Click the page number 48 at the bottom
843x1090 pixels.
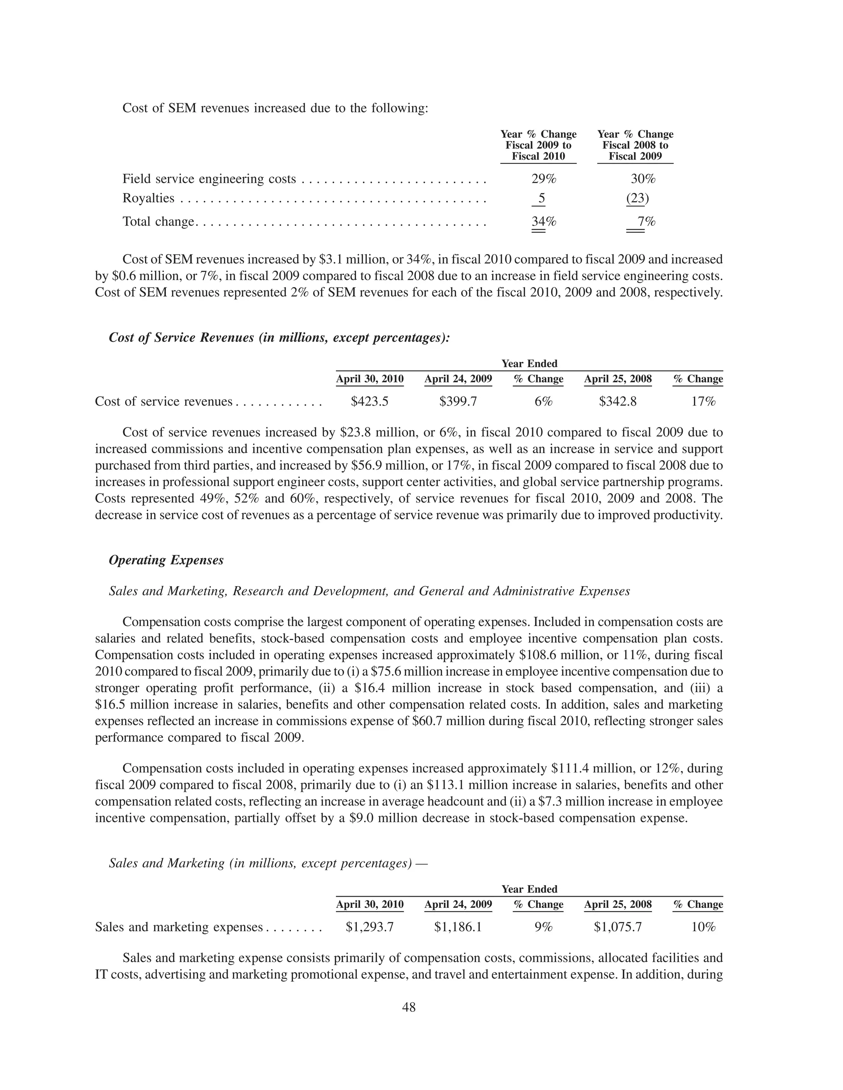click(x=408, y=1007)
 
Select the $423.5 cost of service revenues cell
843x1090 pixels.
click(x=370, y=402)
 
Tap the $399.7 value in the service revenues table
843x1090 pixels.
click(x=458, y=402)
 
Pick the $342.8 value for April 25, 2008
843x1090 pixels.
click(x=618, y=402)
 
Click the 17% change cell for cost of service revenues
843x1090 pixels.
click(x=703, y=402)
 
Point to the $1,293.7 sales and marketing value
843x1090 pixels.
click(x=370, y=927)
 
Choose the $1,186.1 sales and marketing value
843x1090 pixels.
click(x=458, y=927)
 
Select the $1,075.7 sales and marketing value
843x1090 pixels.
click(x=618, y=927)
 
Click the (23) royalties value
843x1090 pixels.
click(x=637, y=199)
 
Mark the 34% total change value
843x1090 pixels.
click(x=543, y=222)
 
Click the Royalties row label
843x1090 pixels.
click(x=148, y=199)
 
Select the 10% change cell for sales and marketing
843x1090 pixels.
click(x=703, y=927)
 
